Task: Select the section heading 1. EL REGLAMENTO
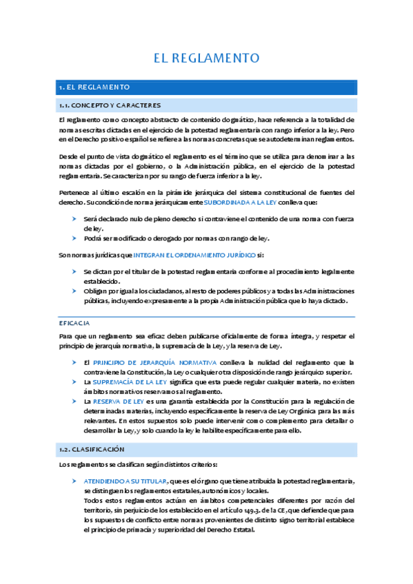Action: (x=94, y=87)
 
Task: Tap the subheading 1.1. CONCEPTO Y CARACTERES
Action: (x=110, y=105)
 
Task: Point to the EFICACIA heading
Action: (x=74, y=322)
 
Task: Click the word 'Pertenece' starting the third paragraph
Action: (x=74, y=190)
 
